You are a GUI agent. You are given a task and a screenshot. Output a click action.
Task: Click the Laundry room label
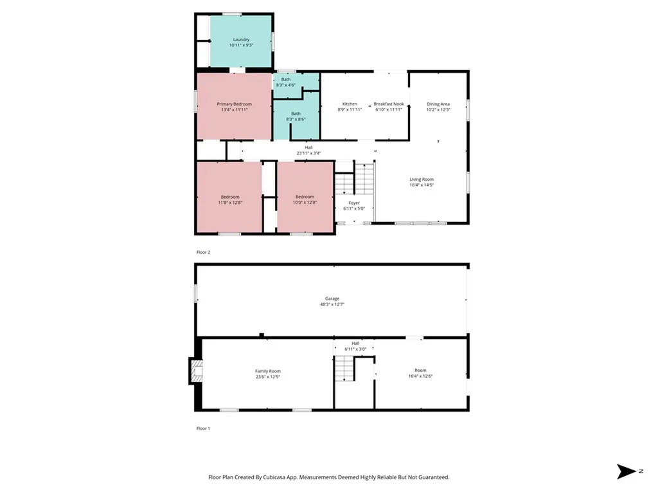(x=241, y=40)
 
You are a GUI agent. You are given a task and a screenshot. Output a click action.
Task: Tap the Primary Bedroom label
(x=234, y=104)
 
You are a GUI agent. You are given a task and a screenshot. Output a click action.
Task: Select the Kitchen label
(x=350, y=104)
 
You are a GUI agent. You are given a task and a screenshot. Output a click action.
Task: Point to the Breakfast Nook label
(x=388, y=104)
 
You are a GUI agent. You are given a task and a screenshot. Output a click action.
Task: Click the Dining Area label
(x=438, y=104)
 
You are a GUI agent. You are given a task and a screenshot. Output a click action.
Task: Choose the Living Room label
(x=422, y=179)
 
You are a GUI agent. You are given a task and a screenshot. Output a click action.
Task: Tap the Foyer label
(x=353, y=203)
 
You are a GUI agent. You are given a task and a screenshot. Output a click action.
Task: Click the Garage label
(x=332, y=298)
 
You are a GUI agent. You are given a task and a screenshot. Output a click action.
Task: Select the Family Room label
(x=268, y=371)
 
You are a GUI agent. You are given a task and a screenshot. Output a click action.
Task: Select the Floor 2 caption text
(x=203, y=253)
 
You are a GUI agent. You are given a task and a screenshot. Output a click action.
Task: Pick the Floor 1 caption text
(x=203, y=428)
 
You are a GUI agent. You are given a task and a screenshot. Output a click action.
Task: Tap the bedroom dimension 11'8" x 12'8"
(x=230, y=203)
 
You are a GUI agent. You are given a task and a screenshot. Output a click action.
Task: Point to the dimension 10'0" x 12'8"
(x=305, y=203)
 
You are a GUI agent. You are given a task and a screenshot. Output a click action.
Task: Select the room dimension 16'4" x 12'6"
(x=420, y=376)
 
